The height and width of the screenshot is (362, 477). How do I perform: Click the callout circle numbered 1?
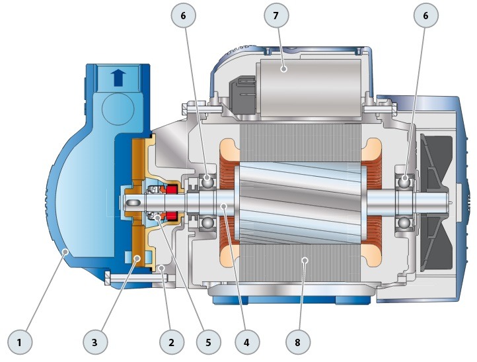[19, 342]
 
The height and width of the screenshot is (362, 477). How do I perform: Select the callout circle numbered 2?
[172, 342]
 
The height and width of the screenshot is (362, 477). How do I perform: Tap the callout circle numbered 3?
[94, 342]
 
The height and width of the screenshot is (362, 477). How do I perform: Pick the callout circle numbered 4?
[246, 342]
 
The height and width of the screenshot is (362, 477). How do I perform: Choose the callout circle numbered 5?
[208, 342]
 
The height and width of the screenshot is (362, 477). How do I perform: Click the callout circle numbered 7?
[276, 15]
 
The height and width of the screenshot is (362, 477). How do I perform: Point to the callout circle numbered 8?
[297, 342]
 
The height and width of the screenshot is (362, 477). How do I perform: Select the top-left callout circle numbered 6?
[183, 15]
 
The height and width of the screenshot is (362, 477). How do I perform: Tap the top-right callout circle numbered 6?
[425, 15]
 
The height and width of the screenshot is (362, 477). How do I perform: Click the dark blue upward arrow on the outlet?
[118, 77]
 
